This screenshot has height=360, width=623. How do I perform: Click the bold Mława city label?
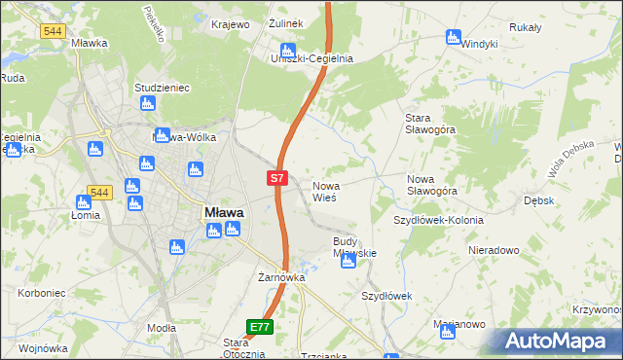224,211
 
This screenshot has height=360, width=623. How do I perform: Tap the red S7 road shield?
276,178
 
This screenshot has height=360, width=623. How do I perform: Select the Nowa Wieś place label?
324,191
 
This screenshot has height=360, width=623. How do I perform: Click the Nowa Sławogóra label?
432,185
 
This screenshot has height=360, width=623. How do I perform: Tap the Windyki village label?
479,44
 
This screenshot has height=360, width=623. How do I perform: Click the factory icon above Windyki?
453,37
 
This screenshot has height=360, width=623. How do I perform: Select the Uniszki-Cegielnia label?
311,58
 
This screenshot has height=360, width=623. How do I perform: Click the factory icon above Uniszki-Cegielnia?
287,51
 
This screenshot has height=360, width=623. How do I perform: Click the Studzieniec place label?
162,88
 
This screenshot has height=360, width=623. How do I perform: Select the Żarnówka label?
282,277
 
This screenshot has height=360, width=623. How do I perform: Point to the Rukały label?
525,27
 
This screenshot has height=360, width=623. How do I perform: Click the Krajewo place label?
231,23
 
